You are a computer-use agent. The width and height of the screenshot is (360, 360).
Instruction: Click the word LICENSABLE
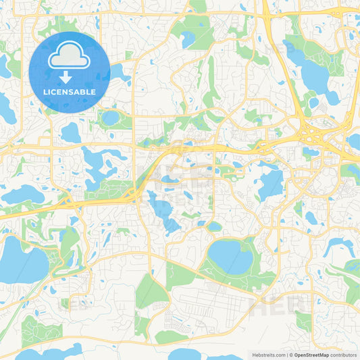pyautogui.click(x=70, y=91)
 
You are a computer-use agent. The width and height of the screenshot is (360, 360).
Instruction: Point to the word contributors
pyautogui.click(x=342, y=354)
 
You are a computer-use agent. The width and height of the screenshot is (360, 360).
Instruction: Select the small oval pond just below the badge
pyautogui.click(x=109, y=119)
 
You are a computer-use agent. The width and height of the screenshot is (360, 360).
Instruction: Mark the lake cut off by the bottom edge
pyautogui.click(x=47, y=353)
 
